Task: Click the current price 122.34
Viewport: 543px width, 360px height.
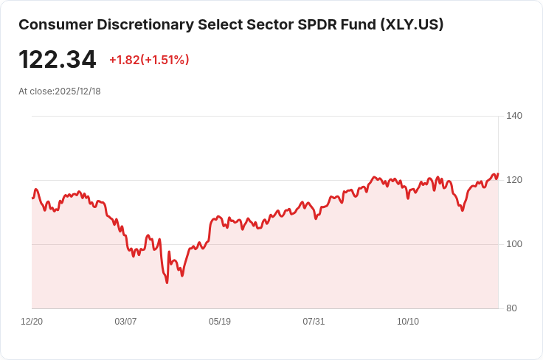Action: pos(57,59)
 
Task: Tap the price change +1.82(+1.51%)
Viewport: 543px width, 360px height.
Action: pos(149,60)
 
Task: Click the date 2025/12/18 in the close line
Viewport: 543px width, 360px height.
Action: pos(77,91)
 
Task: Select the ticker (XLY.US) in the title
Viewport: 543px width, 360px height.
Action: pos(412,24)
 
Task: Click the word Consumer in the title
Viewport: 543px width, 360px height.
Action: pos(53,24)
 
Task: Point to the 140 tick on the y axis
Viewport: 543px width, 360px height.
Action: pos(514,116)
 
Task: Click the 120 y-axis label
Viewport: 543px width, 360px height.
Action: pos(514,180)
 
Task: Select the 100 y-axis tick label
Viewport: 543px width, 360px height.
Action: pos(514,244)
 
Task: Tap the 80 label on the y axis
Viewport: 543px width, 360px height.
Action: pos(511,308)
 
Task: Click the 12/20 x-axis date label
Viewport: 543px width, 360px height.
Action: pos(32,322)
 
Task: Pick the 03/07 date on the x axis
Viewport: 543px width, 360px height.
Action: pos(126,322)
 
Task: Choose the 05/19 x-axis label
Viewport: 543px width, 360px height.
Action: pos(220,322)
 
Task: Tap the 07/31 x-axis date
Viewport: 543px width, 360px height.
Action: pos(314,322)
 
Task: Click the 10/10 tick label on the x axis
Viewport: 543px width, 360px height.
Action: pos(408,322)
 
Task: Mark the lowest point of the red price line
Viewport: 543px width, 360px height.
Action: pos(167,283)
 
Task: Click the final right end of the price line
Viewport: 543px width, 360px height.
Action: pos(498,174)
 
